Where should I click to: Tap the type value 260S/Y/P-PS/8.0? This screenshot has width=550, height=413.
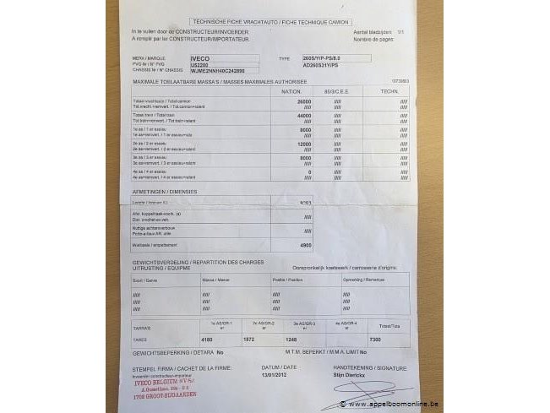[x=317, y=59]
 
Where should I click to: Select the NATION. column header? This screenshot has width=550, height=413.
[x=291, y=90]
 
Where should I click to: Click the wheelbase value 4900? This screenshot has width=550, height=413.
[x=305, y=244]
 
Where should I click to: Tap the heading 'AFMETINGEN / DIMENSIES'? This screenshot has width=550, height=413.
[x=164, y=191]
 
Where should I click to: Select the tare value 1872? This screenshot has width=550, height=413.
[x=248, y=338]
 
